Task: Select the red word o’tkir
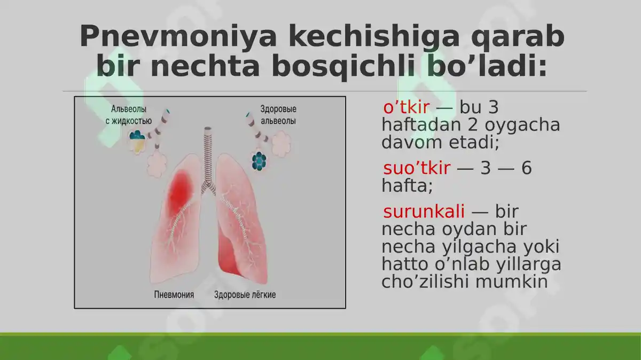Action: (x=406, y=108)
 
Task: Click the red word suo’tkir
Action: (x=417, y=169)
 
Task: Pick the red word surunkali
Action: (x=424, y=212)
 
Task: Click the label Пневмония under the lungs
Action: (x=174, y=295)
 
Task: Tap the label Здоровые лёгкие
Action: (x=245, y=295)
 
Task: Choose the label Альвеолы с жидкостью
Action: (x=128, y=115)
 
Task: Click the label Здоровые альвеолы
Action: (x=278, y=115)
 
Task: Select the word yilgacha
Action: (x=477, y=247)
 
